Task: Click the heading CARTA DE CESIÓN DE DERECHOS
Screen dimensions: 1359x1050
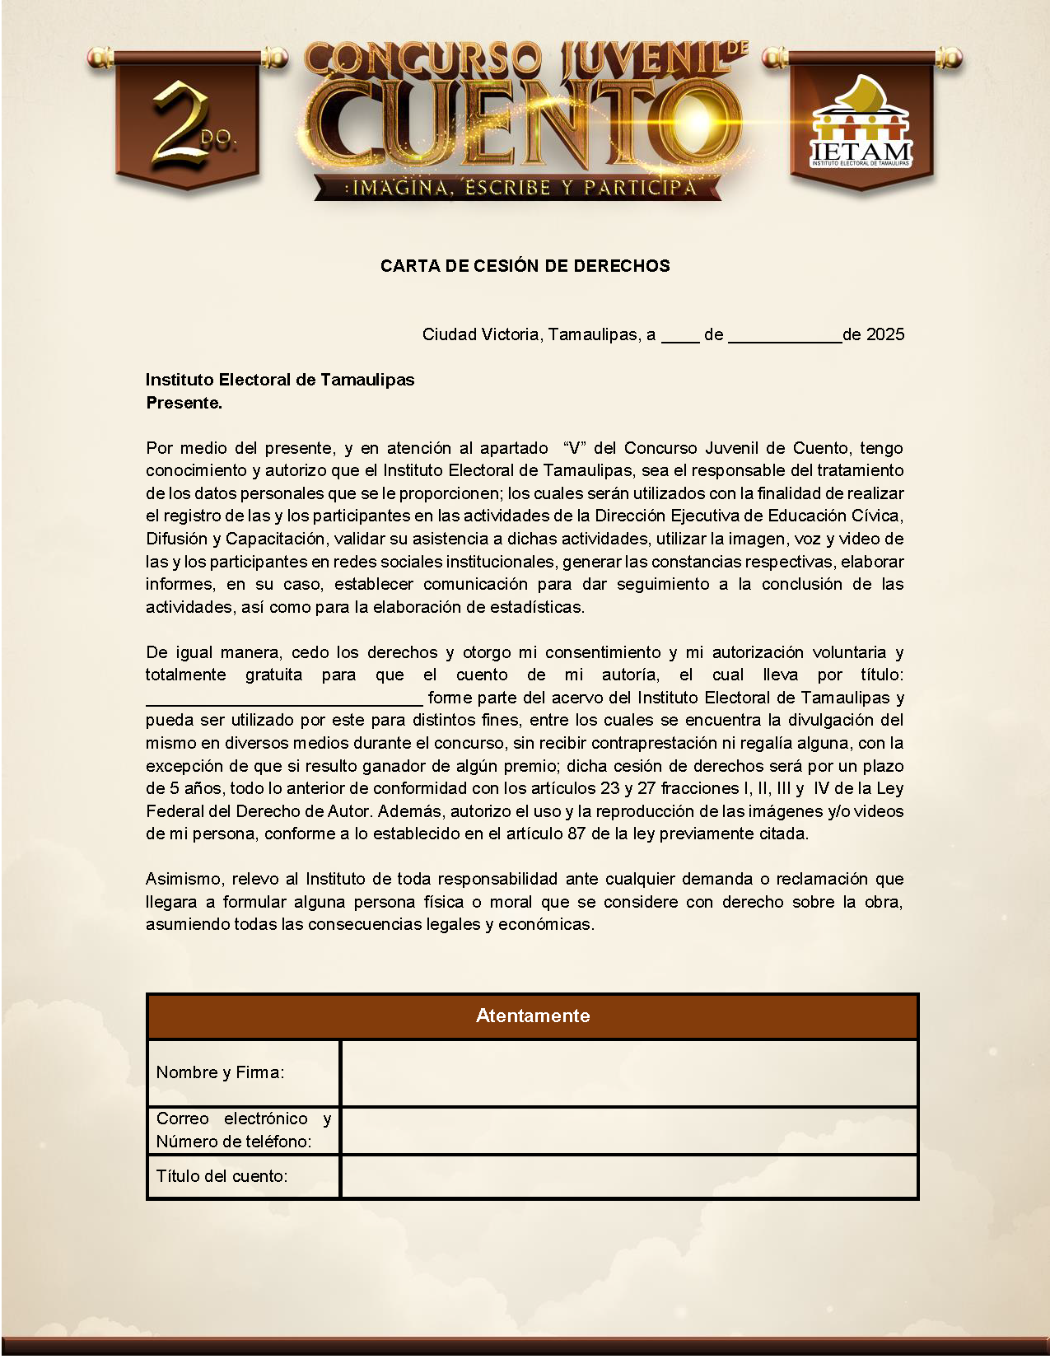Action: tap(525, 266)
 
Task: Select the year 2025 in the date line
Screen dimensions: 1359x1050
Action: tap(885, 334)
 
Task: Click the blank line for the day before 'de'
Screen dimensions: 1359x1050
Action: tap(680, 338)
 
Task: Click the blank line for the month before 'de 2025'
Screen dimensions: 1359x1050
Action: tap(784, 338)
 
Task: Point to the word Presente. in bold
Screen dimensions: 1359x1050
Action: tap(184, 403)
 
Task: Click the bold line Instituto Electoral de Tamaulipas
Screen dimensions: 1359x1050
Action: tap(280, 380)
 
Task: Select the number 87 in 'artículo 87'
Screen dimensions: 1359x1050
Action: tap(576, 834)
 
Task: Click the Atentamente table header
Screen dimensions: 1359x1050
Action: tap(533, 1016)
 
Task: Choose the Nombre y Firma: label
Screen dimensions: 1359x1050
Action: tap(220, 1072)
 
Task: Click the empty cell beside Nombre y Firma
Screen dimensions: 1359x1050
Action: tap(629, 1072)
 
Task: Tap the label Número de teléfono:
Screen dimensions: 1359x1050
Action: tap(234, 1142)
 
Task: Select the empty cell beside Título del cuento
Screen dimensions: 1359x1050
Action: tap(629, 1176)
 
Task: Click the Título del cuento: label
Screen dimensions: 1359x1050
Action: tap(222, 1176)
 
